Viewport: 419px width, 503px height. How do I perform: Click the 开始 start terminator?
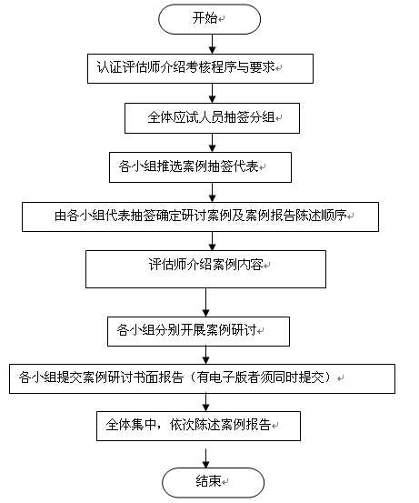(x=209, y=19)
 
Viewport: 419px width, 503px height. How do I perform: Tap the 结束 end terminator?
(x=213, y=482)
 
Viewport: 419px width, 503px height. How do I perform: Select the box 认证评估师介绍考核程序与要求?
(x=200, y=68)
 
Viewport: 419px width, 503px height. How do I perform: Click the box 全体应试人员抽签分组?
(x=212, y=118)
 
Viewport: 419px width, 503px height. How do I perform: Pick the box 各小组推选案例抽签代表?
(x=200, y=167)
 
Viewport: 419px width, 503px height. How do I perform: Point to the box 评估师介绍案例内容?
(x=205, y=269)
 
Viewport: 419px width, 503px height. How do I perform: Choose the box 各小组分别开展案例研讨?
(x=198, y=331)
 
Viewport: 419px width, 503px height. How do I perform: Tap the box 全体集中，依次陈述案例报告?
(x=198, y=426)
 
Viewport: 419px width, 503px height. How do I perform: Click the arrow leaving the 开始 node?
(x=212, y=44)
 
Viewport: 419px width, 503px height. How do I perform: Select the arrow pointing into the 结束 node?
(x=205, y=458)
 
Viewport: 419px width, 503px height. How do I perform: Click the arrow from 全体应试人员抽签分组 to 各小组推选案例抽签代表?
(x=212, y=143)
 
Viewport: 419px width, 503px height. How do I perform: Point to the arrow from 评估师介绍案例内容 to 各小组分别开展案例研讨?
(x=205, y=303)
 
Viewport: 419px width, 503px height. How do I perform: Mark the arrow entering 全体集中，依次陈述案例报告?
(x=205, y=403)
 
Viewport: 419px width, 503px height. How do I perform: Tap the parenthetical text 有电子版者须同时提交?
(x=260, y=377)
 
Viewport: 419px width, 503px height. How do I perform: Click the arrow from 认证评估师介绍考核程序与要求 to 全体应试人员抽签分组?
(x=212, y=94)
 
